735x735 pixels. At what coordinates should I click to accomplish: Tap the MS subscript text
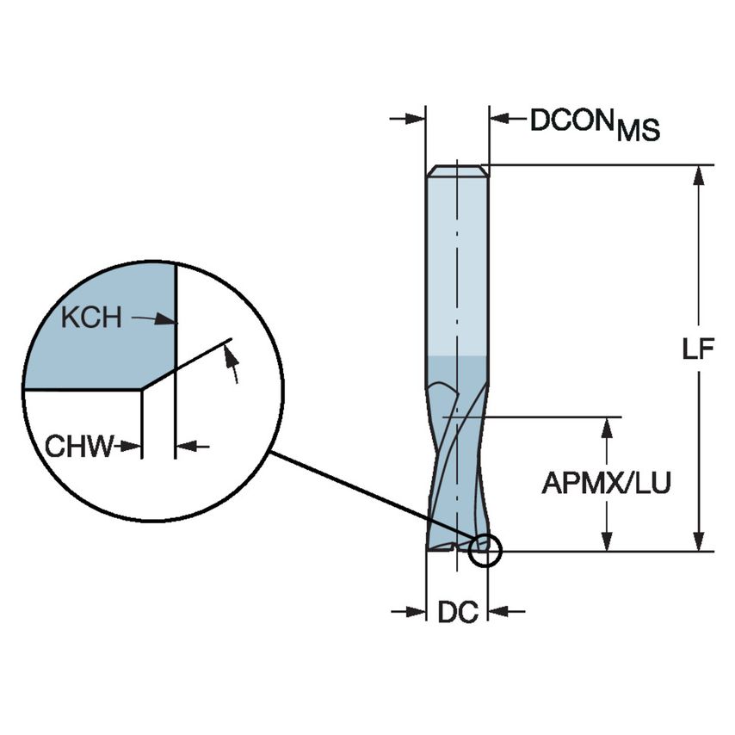click(638, 131)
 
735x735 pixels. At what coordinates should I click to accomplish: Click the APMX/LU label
click(606, 484)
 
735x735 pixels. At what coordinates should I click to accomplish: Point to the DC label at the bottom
click(457, 613)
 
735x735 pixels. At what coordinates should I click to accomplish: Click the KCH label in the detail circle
click(91, 318)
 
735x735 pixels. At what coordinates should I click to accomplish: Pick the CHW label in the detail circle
click(79, 447)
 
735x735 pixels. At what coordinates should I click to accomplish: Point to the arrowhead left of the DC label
click(417, 612)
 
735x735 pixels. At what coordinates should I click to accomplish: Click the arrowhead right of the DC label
click(498, 612)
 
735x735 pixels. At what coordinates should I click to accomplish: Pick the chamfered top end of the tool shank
click(457, 170)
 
